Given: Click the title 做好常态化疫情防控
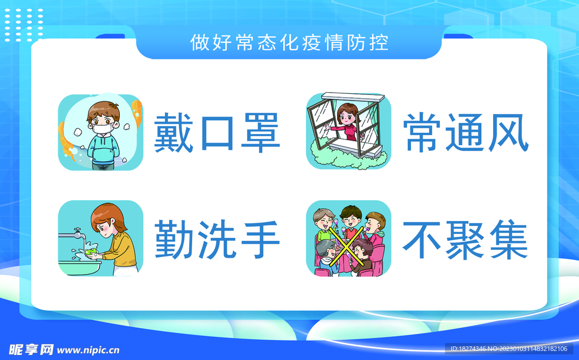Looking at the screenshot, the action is click(289, 42).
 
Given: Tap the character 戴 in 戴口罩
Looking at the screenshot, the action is click(173, 133).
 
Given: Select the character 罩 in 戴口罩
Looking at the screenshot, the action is click(260, 133).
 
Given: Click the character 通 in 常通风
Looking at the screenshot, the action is click(466, 133).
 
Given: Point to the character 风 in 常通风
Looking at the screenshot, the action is click(509, 133).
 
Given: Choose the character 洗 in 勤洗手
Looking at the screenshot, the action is click(217, 239).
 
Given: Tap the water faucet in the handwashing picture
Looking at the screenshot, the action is click(72, 234).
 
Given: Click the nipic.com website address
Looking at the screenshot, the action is click(88, 350).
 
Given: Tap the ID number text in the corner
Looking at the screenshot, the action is click(509, 349).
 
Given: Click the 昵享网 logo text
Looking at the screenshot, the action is click(31, 350).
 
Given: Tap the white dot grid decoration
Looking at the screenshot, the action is click(24, 25).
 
